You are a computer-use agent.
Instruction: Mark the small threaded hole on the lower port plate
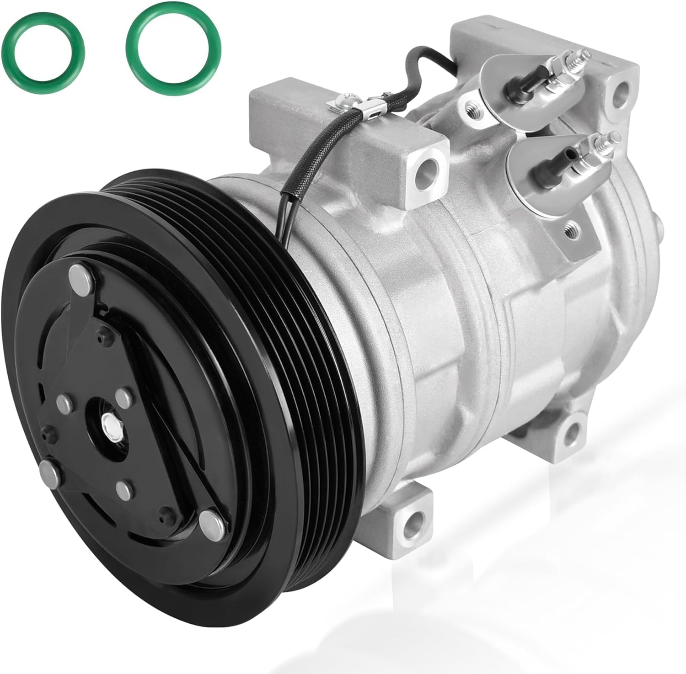571,226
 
